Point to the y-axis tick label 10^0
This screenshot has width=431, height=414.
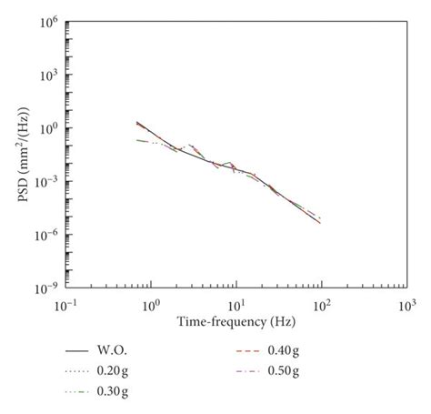point(49,127)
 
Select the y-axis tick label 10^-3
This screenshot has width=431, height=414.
point(47,181)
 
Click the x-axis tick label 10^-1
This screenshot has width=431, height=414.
point(66,303)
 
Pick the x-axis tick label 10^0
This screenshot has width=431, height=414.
point(151,303)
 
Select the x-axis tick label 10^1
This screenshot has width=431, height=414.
point(236,303)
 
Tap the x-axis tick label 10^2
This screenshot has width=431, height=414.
point(321,303)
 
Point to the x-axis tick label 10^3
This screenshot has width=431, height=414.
point(405,303)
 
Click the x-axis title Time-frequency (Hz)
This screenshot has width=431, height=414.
point(236,320)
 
